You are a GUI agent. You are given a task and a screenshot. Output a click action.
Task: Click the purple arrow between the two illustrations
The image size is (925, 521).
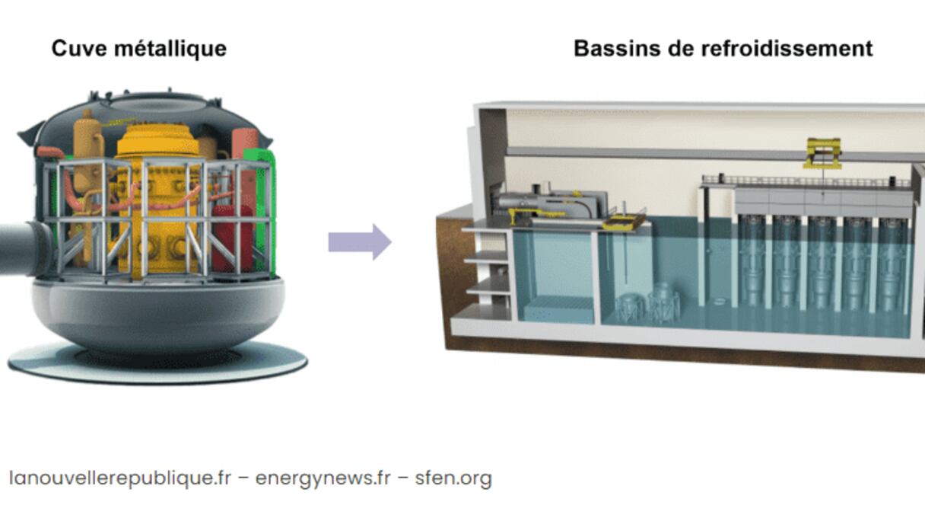(360, 242)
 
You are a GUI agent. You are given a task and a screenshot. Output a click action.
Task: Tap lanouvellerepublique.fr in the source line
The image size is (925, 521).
(119, 478)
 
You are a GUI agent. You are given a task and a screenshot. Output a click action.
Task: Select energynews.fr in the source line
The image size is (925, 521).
(323, 478)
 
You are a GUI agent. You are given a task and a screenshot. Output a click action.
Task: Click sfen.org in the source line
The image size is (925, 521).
(453, 478)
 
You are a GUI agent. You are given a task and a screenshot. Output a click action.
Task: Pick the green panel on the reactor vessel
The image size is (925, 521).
(263, 206)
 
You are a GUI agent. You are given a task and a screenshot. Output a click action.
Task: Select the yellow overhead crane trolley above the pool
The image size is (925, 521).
(822, 153)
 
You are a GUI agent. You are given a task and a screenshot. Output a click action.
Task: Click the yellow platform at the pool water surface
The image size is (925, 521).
(624, 222)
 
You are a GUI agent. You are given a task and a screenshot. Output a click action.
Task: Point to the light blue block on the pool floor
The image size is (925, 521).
(558, 309)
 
